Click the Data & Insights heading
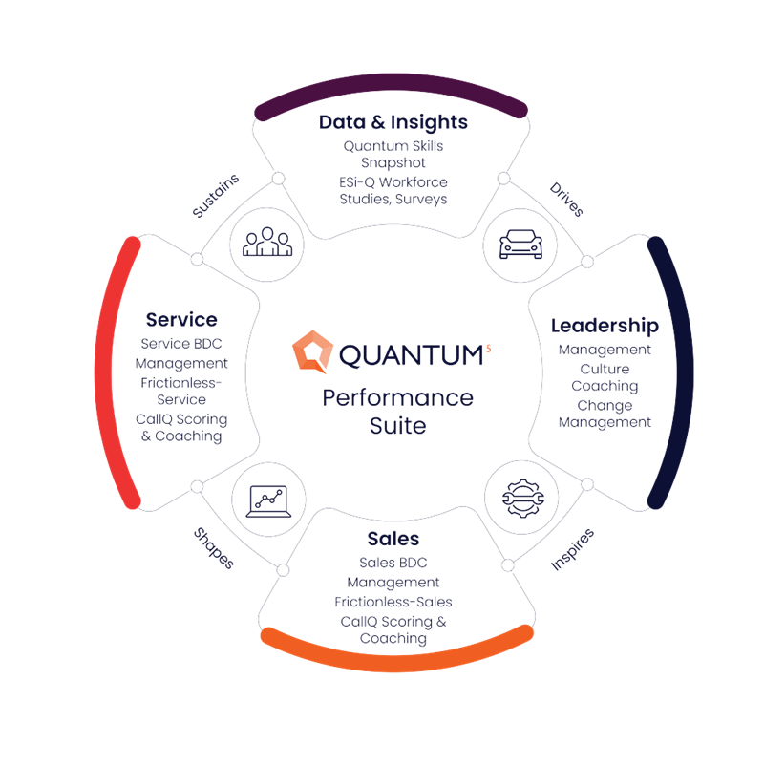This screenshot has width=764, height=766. click(393, 122)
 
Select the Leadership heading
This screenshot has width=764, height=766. click(604, 326)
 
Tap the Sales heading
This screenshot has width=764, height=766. click(393, 540)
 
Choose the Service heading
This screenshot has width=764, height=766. click(181, 320)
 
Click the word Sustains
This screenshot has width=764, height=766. click(215, 197)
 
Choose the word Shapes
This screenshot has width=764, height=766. click(213, 547)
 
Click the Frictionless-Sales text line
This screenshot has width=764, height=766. click(393, 602)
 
